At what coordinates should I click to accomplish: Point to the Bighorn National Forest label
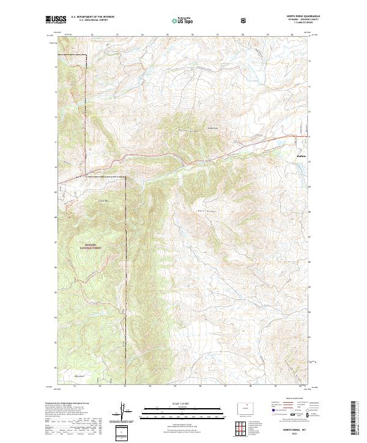pos(89,247)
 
